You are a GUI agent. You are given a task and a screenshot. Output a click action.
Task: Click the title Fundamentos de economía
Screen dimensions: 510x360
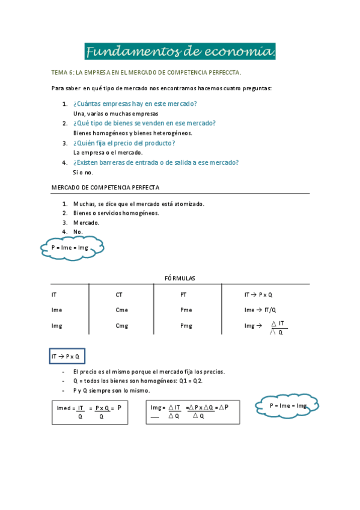180,52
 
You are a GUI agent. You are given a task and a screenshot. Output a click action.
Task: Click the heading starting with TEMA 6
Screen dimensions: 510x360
146,73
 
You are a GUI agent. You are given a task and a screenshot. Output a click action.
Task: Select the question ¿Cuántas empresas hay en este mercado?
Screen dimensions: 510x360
135,104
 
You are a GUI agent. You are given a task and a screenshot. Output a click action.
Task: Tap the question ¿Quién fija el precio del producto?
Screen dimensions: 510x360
124,143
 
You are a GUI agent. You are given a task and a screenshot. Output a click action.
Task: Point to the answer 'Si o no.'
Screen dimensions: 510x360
83,172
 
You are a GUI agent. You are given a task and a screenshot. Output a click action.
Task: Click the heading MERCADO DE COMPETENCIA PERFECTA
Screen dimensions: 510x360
105,188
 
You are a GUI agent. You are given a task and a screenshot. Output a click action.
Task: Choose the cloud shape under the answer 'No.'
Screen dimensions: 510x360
70,247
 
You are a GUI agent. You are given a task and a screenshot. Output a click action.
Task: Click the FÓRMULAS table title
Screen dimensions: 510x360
180,278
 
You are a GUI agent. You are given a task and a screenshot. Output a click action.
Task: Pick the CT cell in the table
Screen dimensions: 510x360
119,295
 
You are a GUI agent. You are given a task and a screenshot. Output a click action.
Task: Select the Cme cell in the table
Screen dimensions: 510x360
121,310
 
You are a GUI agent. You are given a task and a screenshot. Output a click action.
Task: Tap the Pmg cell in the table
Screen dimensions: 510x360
186,326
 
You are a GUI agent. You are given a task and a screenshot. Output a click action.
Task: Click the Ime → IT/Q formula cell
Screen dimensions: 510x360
260,310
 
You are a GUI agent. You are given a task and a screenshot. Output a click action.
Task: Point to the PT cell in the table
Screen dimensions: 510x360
184,295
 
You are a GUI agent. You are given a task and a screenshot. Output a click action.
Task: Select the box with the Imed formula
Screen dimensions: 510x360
90,412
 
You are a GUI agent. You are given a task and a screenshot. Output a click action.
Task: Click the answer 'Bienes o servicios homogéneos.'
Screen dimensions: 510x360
116,213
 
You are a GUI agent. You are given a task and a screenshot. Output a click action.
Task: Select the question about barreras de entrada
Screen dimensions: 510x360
156,162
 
